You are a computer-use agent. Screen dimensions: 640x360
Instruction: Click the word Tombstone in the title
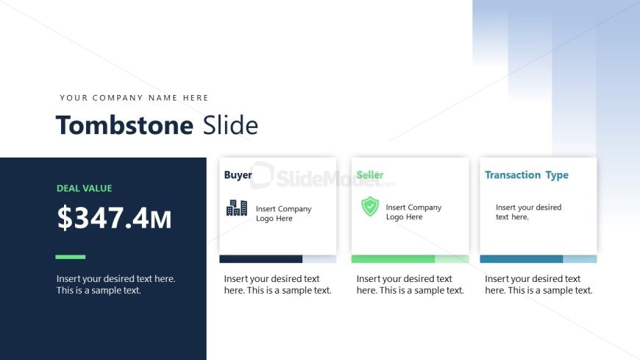click(124, 125)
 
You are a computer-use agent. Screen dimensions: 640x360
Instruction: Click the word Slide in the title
click(230, 125)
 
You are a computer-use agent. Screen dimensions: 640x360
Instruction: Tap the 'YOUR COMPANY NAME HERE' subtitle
click(134, 98)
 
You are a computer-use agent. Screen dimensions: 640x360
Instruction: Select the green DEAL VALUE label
click(84, 188)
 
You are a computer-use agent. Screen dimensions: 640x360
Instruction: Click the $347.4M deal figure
click(114, 218)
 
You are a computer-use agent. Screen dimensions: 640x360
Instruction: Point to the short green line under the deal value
click(70, 257)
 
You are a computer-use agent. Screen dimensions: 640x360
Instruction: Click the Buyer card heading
click(238, 175)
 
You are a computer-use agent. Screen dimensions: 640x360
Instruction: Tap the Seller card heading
click(370, 175)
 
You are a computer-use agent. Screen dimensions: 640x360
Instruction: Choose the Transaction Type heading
click(527, 175)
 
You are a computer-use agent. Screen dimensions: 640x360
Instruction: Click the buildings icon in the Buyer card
click(237, 208)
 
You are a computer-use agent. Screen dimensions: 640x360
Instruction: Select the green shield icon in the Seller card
click(370, 206)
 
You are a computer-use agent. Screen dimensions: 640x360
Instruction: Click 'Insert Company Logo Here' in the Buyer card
click(284, 213)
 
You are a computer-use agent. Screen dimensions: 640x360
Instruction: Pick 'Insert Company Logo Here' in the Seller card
click(413, 212)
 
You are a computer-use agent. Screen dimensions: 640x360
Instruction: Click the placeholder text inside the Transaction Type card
click(529, 212)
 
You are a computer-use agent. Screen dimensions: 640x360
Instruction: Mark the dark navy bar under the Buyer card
click(261, 259)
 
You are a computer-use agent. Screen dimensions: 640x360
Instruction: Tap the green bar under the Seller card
click(393, 259)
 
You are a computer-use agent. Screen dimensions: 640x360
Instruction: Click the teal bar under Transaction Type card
click(522, 259)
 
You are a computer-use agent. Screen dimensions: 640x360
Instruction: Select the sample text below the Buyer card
click(277, 284)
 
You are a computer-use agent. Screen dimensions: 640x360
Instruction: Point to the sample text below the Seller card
click(410, 284)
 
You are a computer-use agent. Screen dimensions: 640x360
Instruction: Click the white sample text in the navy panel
click(116, 284)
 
